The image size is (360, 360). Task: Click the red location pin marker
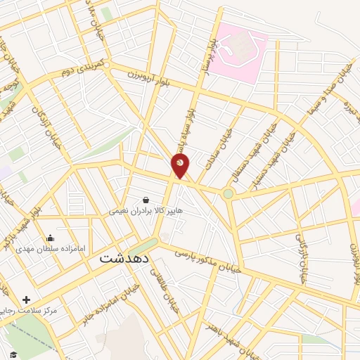181,166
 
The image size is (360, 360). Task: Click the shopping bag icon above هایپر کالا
146,200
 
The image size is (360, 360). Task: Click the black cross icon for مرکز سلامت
27,300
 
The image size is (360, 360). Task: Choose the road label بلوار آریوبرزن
150,76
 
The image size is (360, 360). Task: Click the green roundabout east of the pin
228,193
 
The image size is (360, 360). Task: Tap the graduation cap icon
12,354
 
